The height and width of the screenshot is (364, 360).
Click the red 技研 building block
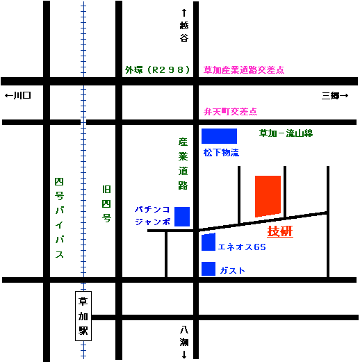coord(268,196)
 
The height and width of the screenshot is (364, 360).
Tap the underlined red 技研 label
coord(280,231)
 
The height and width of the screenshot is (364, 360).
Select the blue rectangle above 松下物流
coord(219,136)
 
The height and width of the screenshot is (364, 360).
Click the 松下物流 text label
coord(221,153)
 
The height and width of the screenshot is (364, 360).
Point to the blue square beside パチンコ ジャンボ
coord(182,217)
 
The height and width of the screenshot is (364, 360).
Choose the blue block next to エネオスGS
coord(208,242)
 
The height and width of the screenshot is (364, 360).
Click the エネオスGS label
coord(242,247)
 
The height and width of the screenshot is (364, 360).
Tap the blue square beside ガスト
coord(208,269)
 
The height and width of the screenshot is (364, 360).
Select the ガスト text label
coord(233,271)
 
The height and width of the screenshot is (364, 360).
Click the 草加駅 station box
coord(83,316)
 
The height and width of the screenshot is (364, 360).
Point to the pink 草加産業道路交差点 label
coord(244,70)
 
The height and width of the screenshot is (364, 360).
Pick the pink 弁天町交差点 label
coord(231,112)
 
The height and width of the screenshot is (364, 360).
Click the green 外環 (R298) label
coord(158,70)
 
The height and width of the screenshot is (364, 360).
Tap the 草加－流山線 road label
coord(286,133)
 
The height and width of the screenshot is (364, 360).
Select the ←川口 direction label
coord(18,95)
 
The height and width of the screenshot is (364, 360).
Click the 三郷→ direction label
coord(335,95)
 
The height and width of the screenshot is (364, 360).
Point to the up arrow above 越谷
coord(184,13)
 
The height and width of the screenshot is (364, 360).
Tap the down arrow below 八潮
coord(184,354)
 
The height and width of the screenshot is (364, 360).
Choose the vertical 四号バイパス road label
coord(59,217)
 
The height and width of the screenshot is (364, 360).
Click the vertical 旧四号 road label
coord(106,204)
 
